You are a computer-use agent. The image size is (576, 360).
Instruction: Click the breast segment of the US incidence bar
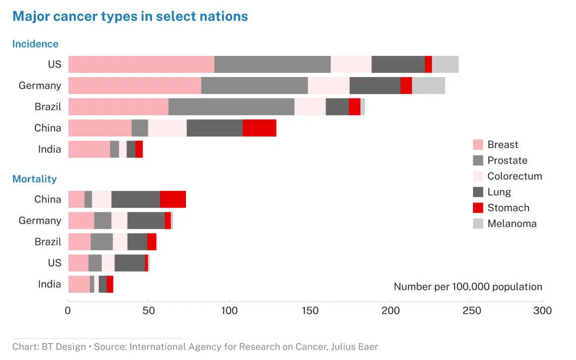141,65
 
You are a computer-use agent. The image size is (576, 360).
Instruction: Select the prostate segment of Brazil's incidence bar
231,107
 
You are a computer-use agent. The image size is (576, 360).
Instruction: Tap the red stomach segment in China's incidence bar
259,128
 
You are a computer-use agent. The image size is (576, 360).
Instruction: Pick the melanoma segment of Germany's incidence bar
428,86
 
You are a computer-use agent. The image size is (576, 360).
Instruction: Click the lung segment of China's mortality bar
135,199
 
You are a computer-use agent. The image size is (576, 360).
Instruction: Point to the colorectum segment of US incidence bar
351,65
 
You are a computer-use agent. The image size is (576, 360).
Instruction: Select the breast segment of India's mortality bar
79,284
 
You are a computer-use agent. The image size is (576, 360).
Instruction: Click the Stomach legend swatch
478,208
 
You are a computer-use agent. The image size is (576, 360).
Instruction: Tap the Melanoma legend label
512,223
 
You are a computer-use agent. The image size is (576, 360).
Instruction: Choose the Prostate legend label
507,161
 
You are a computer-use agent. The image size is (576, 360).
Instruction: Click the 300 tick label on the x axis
542,311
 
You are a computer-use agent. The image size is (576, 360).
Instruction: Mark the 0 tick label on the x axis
68,311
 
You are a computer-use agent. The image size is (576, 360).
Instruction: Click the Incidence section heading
35,44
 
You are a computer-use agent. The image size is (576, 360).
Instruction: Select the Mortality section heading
34,179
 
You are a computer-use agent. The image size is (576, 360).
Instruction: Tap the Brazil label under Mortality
48,242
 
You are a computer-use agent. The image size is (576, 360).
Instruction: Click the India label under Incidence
50,149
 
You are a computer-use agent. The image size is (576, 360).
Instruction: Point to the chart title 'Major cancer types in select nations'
130,16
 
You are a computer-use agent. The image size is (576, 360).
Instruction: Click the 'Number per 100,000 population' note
468,287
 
